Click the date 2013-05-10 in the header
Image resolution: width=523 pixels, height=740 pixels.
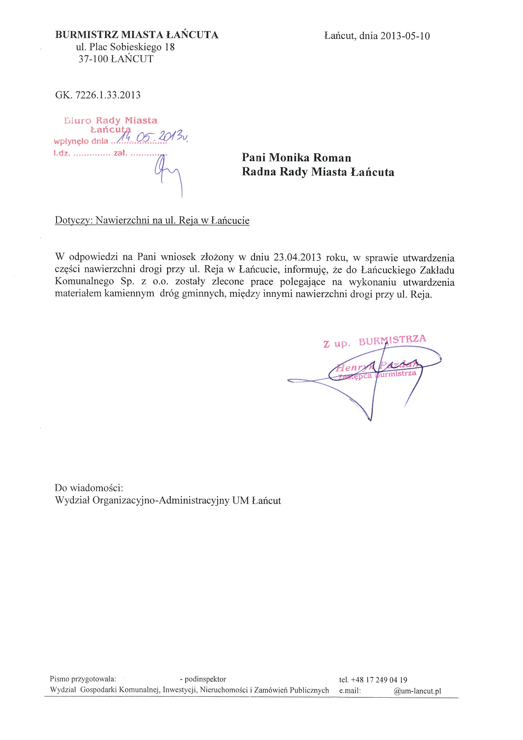coord(405,36)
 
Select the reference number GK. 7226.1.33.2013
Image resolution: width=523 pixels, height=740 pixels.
coord(98,95)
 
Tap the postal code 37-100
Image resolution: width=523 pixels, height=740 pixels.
coord(93,59)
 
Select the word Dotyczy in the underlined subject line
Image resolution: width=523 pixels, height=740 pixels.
coord(74,221)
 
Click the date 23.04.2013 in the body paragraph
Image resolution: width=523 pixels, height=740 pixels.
coord(297,257)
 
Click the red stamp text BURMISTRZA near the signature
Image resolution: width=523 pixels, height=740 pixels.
coord(392,340)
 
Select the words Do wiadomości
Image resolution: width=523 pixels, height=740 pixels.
coord(89,488)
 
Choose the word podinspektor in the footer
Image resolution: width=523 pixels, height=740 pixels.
coord(205,679)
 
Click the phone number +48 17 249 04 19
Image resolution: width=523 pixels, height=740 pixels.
coord(379,680)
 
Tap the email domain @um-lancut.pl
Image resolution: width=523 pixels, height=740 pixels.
coord(417,691)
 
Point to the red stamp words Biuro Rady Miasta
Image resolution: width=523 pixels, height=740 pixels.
coord(111,121)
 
